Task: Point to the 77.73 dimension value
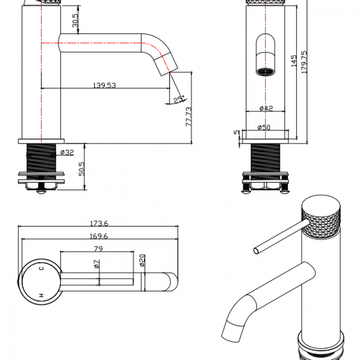click(189, 116)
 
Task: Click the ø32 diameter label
click(67, 153)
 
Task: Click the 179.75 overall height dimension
click(304, 62)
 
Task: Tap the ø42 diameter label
click(266, 108)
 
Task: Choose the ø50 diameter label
click(264, 127)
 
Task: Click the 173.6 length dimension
click(99, 223)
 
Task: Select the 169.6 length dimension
click(99, 236)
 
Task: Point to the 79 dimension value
click(98, 248)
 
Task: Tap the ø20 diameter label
click(141, 261)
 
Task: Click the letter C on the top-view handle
click(41, 268)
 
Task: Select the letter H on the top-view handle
click(41, 296)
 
